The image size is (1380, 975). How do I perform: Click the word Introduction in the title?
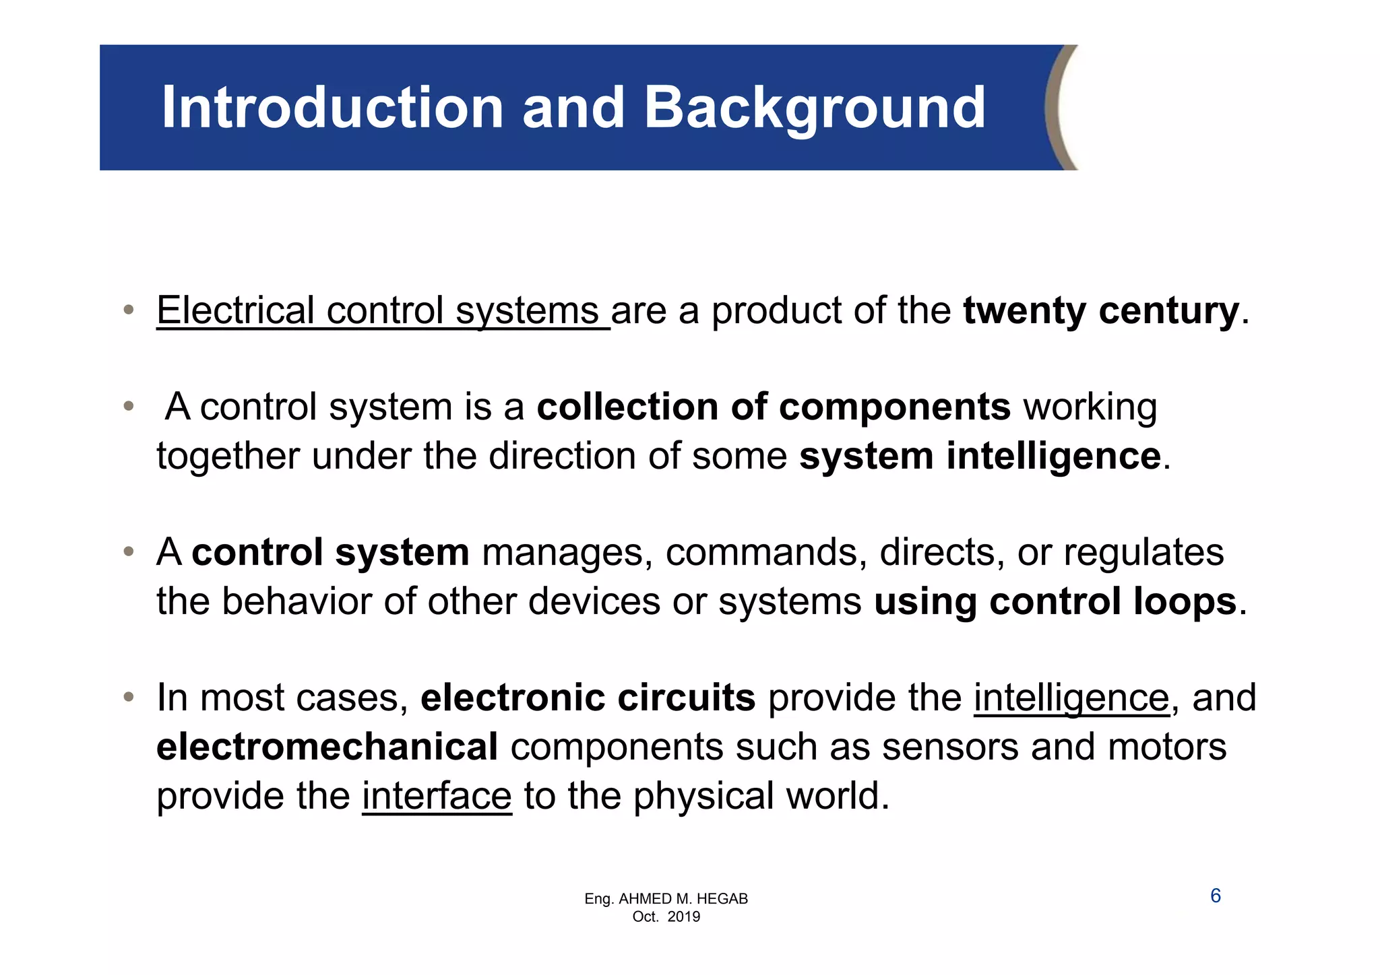tap(332, 108)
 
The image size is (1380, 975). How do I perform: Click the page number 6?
tap(1216, 896)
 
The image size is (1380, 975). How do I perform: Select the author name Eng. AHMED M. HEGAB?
tap(666, 899)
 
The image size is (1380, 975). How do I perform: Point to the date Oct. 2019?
tap(666, 916)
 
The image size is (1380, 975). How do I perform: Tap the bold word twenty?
tap(1024, 312)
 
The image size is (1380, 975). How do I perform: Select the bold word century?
tap(1168, 312)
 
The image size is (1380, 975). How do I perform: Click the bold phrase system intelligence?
tap(980, 457)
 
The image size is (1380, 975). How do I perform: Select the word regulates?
tap(1143, 553)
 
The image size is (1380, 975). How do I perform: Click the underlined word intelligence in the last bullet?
tap(1071, 698)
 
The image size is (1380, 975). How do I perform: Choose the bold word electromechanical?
tap(327, 747)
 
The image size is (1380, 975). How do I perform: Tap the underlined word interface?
tap(437, 796)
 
